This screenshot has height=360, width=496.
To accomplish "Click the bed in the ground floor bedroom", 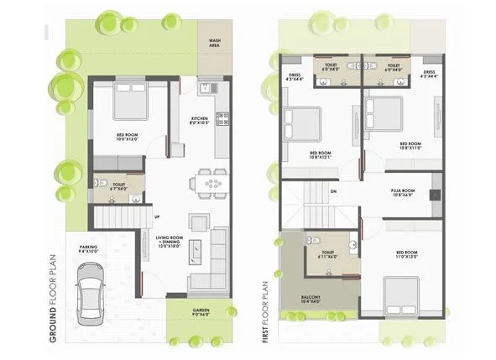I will (128, 100).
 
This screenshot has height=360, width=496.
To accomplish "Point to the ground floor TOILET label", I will (119, 186).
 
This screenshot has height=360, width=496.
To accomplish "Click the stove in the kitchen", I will (223, 118).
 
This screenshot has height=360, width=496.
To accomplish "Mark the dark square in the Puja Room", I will (434, 194).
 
